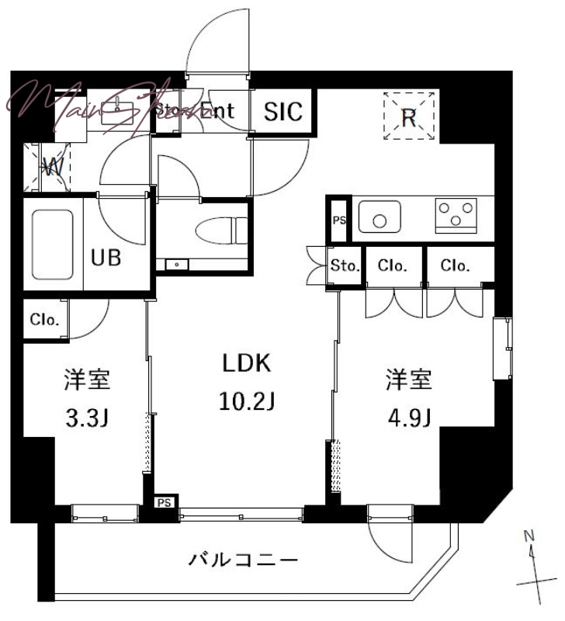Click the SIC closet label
282,111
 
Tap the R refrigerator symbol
409,116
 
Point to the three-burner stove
456,214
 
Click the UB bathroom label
107,258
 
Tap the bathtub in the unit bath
53,245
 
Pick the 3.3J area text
87,419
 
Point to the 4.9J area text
409,419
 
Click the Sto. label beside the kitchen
345,266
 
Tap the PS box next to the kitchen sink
339,220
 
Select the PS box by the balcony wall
164,503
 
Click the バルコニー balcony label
244,559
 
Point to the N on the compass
529,536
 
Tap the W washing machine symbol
53,166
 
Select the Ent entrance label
217,111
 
